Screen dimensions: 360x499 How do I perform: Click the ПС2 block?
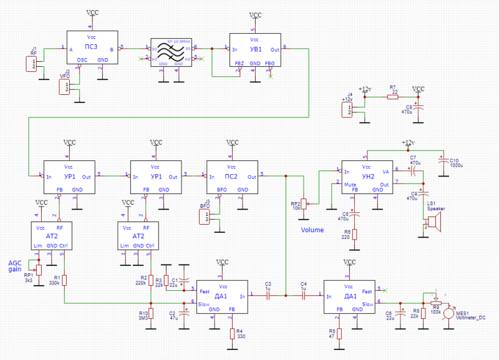click(x=232, y=178)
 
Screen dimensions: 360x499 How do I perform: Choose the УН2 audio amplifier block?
click(x=367, y=178)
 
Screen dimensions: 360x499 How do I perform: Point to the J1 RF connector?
click(x=31, y=64)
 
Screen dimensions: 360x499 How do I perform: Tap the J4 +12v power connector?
click(x=346, y=110)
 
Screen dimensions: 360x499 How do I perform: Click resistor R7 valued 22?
click(x=393, y=97)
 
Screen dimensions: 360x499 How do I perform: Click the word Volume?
click(x=312, y=230)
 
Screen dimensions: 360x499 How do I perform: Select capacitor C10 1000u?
click(x=444, y=162)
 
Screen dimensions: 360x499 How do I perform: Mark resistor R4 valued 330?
click(x=231, y=334)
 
